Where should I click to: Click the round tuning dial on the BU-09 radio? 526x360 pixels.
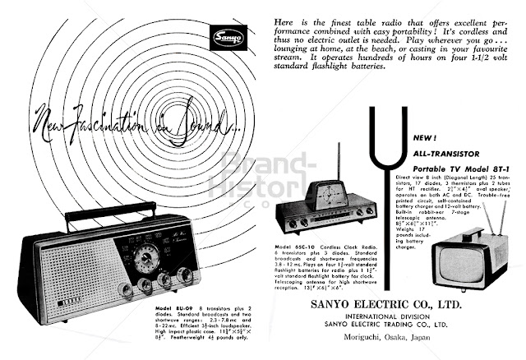point(147,256)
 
